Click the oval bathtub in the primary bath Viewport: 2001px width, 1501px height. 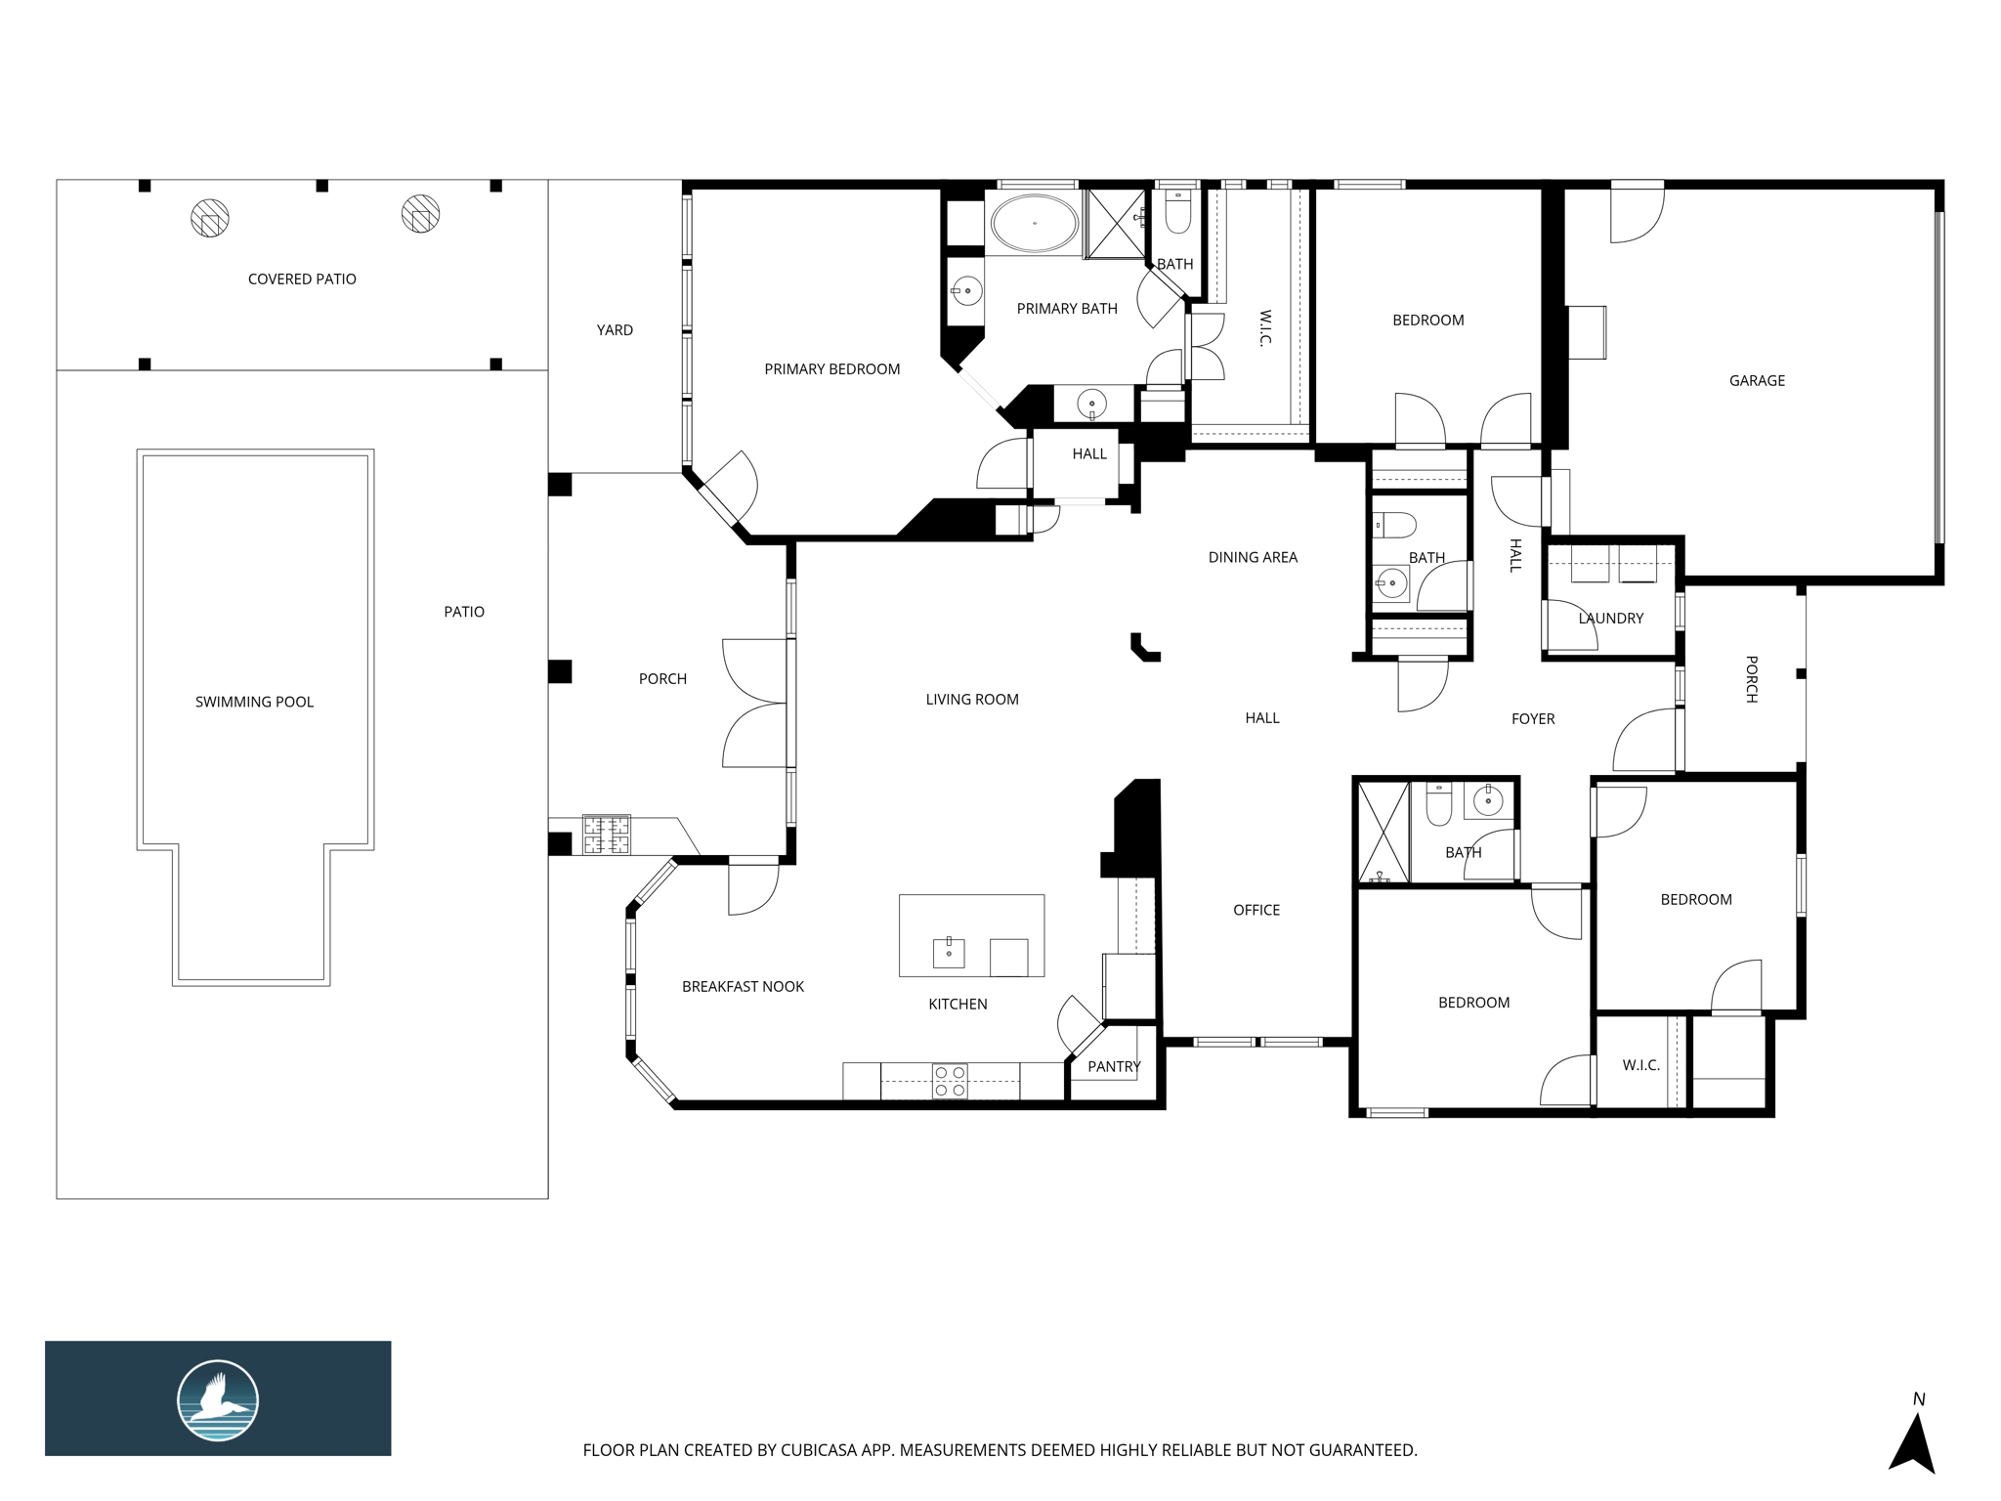[x=1035, y=223]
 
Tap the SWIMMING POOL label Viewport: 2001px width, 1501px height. [x=254, y=702]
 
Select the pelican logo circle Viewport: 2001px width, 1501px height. [x=218, y=1400]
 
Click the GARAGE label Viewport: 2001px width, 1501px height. [x=1757, y=381]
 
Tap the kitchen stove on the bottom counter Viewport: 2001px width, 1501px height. [x=950, y=1082]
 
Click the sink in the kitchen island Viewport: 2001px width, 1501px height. [x=949, y=952]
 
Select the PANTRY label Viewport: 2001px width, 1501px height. [x=1114, y=1066]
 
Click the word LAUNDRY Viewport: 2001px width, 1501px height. [x=1611, y=618]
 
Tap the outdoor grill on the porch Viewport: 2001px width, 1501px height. [x=607, y=835]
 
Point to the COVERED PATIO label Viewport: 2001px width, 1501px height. [x=302, y=279]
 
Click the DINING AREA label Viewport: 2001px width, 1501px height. [x=1253, y=557]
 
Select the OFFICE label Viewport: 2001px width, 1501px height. [x=1256, y=910]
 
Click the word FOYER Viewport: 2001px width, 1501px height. [x=1533, y=719]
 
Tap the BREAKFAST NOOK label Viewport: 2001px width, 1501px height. [x=743, y=987]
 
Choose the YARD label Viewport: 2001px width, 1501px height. [x=615, y=330]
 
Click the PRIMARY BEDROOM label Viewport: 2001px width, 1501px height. [x=831, y=369]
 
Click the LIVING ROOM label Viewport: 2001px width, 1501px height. [x=972, y=700]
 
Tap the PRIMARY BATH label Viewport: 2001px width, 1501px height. [x=1067, y=309]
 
